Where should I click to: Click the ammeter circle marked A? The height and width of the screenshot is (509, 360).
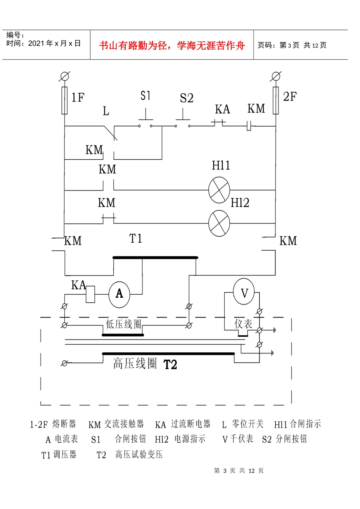(119, 294)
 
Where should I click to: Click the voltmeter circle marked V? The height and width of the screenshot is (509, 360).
(244, 292)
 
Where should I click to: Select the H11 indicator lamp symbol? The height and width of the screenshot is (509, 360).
(219, 190)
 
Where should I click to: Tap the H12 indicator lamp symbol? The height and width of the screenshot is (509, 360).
(219, 223)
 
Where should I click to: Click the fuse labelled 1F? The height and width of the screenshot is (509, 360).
(65, 101)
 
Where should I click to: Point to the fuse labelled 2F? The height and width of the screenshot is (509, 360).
(275, 101)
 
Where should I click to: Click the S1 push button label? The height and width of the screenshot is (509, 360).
(146, 96)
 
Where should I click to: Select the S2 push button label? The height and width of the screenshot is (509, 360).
(186, 98)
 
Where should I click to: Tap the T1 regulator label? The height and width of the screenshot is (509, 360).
(136, 239)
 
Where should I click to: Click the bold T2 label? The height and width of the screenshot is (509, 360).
(170, 364)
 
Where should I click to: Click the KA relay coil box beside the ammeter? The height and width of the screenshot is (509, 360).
(90, 294)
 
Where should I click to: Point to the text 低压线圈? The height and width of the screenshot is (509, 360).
(123, 324)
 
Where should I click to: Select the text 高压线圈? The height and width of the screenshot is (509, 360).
(135, 363)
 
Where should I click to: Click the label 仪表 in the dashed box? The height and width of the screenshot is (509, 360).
(243, 324)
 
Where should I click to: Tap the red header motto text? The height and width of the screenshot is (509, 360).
(172, 46)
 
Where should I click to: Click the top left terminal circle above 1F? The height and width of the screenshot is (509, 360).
(65, 76)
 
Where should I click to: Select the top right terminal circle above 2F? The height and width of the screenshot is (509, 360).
(276, 76)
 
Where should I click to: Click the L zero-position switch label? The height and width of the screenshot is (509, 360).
(106, 111)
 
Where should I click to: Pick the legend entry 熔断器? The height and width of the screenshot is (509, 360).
(64, 424)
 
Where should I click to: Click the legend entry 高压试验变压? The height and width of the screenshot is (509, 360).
(139, 454)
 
